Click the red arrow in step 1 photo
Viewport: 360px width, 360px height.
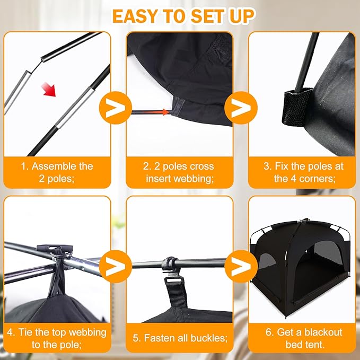tap(48, 89)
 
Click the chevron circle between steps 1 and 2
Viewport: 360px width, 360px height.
tap(115, 108)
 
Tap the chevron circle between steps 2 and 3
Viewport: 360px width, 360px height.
tap(241, 108)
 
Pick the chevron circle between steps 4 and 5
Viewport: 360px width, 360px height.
tap(115, 266)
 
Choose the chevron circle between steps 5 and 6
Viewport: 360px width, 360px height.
tap(241, 266)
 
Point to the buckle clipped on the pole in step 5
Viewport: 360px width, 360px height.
tap(170, 265)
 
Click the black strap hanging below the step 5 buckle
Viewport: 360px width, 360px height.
tap(177, 292)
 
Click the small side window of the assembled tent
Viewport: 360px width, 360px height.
tap(267, 261)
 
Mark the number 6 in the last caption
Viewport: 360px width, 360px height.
tap(268, 332)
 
